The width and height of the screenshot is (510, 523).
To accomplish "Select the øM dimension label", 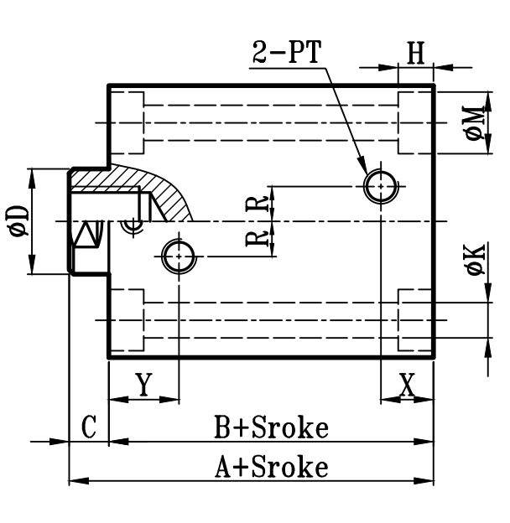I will click(476, 123).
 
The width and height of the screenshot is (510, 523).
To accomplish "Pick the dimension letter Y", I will click(143, 385).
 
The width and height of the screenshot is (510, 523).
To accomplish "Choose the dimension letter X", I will click(407, 385).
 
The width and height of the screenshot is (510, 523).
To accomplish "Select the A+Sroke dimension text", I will click(270, 466).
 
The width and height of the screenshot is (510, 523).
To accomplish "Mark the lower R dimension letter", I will click(262, 237).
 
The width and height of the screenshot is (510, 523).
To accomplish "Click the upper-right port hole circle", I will click(380, 185).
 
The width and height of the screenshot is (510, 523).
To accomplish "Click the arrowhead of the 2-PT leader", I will click(362, 168).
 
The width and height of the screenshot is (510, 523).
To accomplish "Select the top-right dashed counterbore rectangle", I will click(415, 123).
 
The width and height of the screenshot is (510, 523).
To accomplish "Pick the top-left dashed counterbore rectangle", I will click(127, 123).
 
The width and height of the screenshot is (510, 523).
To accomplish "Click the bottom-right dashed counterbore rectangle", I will click(415, 319).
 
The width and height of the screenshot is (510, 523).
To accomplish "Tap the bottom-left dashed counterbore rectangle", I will click(127, 319).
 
